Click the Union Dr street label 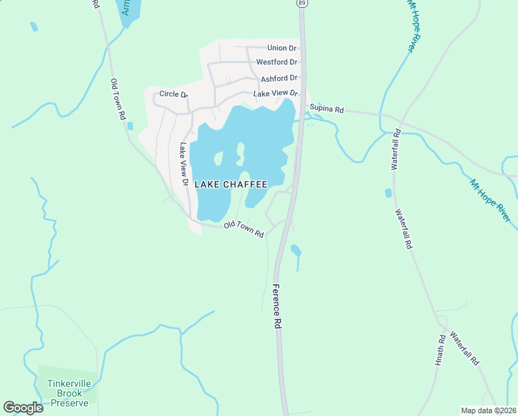coord(282,48)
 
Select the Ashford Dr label coord(279,78)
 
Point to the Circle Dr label coord(173,94)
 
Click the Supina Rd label coord(327,110)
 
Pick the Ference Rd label coord(278,306)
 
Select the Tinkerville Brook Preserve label coord(68,393)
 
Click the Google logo coord(23,408)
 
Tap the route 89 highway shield coord(301,3)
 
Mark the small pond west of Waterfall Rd coord(388,193)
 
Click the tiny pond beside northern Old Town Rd coord(129,125)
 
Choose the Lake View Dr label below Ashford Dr coord(275,94)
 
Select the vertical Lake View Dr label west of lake coord(184,165)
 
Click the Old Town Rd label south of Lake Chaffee coord(244,229)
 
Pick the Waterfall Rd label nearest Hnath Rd coord(464,349)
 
